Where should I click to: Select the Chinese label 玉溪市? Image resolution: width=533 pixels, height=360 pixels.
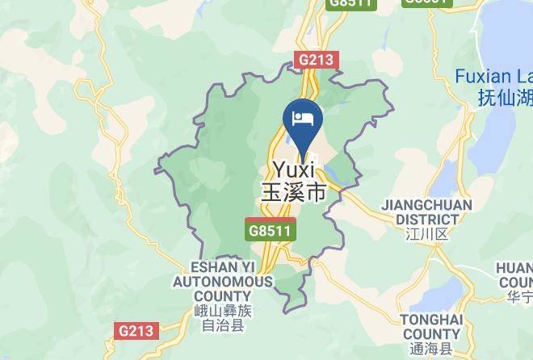[x=293, y=193]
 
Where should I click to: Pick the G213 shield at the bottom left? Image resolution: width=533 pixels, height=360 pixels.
[x=136, y=331]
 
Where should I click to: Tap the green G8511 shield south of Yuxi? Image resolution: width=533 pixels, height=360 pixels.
[x=271, y=230]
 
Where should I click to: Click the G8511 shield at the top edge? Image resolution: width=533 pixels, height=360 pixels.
[x=350, y=3]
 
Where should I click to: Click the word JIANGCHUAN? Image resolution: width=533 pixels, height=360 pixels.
[x=426, y=205]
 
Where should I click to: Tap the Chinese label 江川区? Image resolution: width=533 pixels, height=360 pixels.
[x=426, y=234]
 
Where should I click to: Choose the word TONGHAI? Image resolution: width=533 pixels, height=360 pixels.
[x=431, y=320]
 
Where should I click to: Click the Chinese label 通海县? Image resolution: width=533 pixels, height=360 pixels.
[x=431, y=349]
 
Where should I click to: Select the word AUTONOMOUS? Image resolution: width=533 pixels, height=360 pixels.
[x=221, y=282]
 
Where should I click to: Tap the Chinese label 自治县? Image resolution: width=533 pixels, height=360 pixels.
[x=221, y=326]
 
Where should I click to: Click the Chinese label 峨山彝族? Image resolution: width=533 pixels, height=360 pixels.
[x=221, y=312]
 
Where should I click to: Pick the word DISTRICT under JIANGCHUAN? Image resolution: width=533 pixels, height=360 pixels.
[x=426, y=219]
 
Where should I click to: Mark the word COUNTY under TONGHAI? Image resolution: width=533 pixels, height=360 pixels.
[x=431, y=334]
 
